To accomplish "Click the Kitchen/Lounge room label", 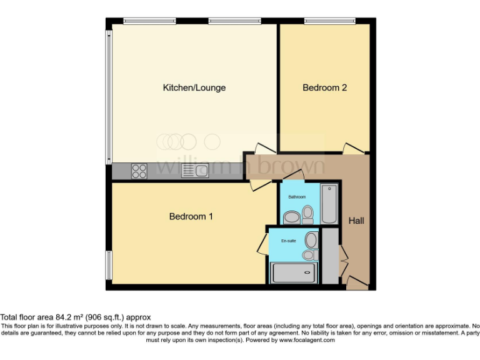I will click(x=194, y=88).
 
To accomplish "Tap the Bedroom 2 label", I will click(x=324, y=88).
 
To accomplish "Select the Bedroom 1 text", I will click(x=191, y=217).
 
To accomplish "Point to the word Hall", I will click(x=356, y=221).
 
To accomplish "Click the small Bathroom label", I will click(x=297, y=197).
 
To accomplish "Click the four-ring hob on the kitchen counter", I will click(x=139, y=171).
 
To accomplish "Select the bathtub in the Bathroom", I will click(x=328, y=204).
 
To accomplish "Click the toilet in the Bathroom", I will click(x=307, y=214).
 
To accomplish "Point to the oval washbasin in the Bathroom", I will click(x=291, y=217).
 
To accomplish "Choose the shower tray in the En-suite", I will click(x=294, y=272).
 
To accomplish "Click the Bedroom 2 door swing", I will click(x=353, y=148).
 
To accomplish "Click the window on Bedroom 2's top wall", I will click(x=329, y=21).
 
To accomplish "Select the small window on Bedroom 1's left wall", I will click(x=109, y=265).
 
